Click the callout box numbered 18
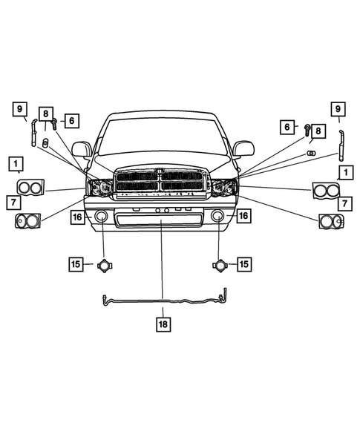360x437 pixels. [x=162, y=323]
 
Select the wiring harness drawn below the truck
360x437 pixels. [x=163, y=300]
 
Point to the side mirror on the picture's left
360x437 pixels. [x=81, y=149]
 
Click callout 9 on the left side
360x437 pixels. [x=21, y=109]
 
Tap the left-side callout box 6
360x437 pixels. [x=71, y=119]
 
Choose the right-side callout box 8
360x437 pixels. [x=318, y=131]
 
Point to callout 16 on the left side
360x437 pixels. [x=77, y=217]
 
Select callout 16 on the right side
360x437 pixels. [x=243, y=215]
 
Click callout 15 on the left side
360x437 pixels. [x=76, y=263]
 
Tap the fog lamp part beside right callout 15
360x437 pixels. [x=220, y=264]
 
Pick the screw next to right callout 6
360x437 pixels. [x=305, y=128]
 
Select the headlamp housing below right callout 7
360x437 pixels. [x=330, y=220]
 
